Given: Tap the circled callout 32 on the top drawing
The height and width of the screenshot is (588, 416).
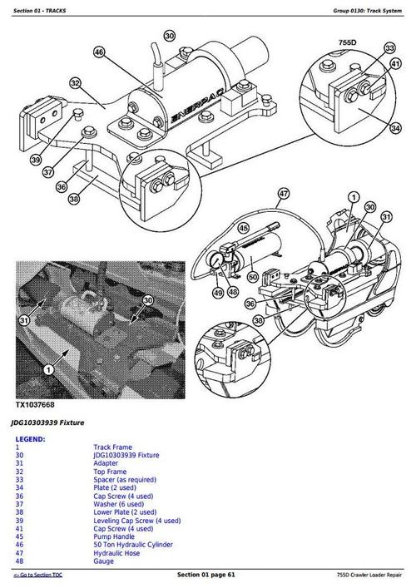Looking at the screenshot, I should pos(75,83).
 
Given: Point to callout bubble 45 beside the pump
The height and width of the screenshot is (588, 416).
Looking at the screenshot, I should pos(243,225).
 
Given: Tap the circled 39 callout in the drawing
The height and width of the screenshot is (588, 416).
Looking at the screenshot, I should pos(34,159).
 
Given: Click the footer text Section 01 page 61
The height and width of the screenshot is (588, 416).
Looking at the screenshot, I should pos(207,576).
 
